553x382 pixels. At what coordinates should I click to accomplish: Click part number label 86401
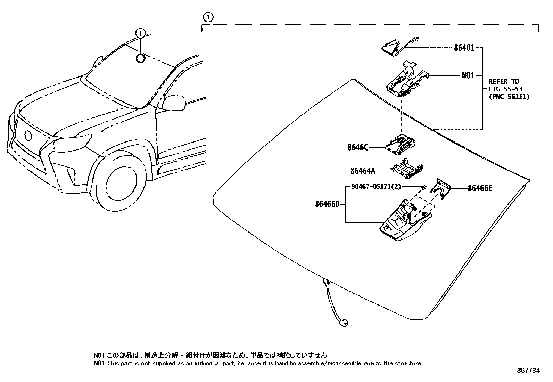pyautogui.click(x=464, y=48)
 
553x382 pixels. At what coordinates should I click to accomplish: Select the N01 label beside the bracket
pyautogui.click(x=468, y=75)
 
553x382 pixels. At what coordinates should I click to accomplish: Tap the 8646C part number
pyautogui.click(x=357, y=147)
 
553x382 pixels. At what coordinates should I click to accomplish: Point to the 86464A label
pyautogui.click(x=363, y=171)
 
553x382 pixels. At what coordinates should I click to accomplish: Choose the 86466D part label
pyautogui.click(x=327, y=204)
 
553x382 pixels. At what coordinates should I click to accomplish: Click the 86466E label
pyautogui.click(x=480, y=188)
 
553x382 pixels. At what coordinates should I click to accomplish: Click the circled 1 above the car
pyautogui.click(x=140, y=33)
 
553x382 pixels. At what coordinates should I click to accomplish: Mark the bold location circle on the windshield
pyautogui.click(x=140, y=58)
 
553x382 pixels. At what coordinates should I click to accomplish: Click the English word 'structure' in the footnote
pyautogui.click(x=409, y=364)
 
